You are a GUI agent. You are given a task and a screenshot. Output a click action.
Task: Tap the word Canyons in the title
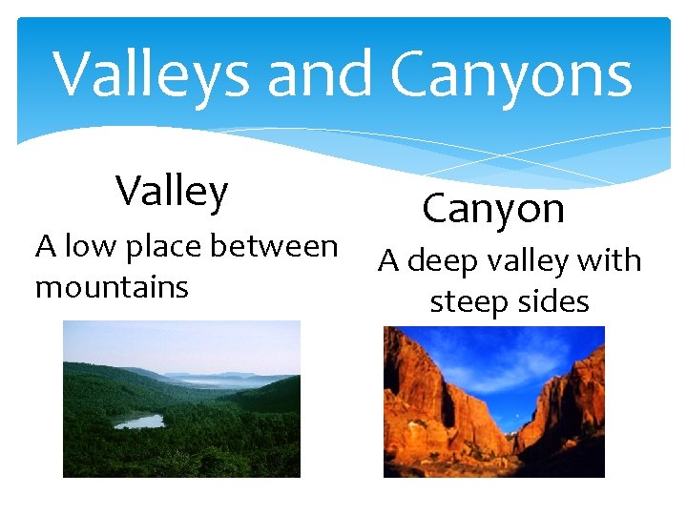point(511,75)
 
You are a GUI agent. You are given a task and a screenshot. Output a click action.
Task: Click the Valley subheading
point(173,192)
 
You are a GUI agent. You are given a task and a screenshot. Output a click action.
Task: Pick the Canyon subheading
point(493,208)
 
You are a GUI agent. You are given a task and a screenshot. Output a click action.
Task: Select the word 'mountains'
point(112,286)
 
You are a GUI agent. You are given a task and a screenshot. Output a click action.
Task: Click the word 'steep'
point(468,303)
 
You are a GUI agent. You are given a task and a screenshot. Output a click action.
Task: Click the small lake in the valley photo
point(139,421)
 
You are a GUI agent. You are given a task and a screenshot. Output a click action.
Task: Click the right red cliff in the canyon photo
point(572,410)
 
